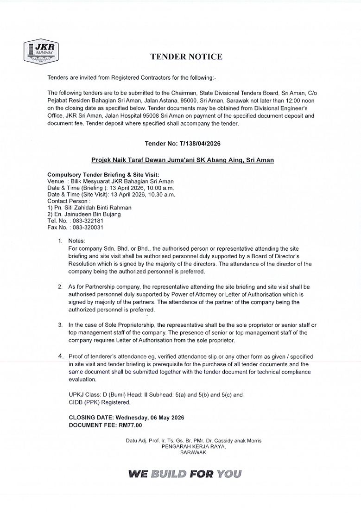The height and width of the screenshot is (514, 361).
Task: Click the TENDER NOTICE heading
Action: point(186,57)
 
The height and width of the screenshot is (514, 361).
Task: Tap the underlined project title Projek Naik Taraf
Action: point(182,160)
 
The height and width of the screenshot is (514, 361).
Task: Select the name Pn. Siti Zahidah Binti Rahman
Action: point(93,208)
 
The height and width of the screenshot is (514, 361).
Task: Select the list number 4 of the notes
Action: point(61,356)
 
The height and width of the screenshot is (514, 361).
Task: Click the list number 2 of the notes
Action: point(60,287)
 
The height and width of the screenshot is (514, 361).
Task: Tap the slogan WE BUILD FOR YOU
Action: point(185,474)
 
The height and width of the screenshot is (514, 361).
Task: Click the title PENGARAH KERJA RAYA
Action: point(193,447)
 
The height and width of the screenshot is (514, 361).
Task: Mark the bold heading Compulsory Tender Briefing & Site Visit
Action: point(103,175)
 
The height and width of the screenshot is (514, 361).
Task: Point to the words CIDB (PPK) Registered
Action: point(100,402)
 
